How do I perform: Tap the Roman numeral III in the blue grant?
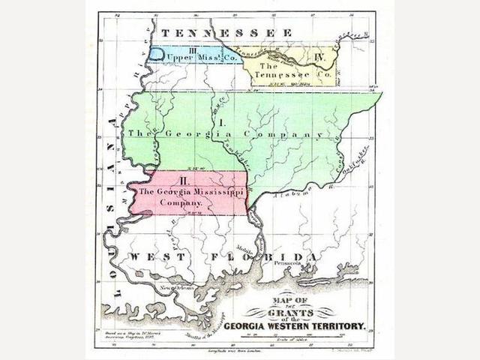coord(172,49)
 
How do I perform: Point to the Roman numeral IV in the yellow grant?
coord(319,56)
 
